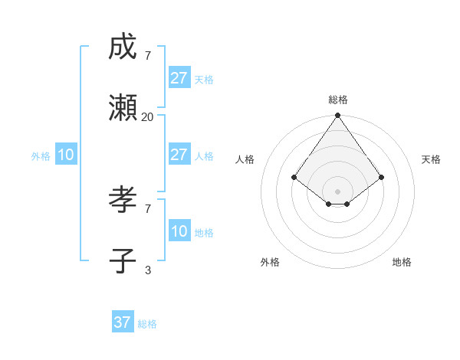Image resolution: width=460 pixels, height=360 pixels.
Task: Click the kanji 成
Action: click(x=123, y=47)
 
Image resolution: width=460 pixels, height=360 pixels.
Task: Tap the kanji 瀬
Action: click(x=123, y=108)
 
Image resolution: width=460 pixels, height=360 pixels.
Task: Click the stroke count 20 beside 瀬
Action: click(x=147, y=116)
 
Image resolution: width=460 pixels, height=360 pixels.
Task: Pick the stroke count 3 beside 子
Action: click(x=147, y=270)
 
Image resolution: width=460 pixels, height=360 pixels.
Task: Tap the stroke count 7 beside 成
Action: click(x=147, y=55)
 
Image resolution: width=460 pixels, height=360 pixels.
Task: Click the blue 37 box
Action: click(x=123, y=322)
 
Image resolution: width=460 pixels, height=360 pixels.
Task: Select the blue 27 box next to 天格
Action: click(x=179, y=78)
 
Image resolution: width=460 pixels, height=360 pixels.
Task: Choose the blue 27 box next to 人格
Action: click(x=179, y=155)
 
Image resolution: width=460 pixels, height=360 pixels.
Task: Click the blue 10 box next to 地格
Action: click(x=179, y=231)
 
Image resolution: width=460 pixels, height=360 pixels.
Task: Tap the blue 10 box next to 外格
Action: click(x=66, y=155)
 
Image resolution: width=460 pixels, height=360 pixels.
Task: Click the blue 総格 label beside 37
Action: click(x=147, y=324)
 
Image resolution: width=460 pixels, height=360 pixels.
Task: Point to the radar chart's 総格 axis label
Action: click(x=337, y=100)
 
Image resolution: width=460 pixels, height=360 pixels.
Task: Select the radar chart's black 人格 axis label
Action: click(x=245, y=159)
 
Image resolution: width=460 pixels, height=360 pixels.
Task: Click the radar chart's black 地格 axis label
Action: click(x=402, y=262)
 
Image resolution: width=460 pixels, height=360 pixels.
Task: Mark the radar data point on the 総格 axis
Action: click(x=337, y=116)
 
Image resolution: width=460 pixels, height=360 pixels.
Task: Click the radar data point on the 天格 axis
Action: click(x=381, y=177)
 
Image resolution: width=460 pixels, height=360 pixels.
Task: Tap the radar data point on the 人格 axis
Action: click(x=294, y=177)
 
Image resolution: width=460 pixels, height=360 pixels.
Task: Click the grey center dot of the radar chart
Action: click(x=337, y=191)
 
